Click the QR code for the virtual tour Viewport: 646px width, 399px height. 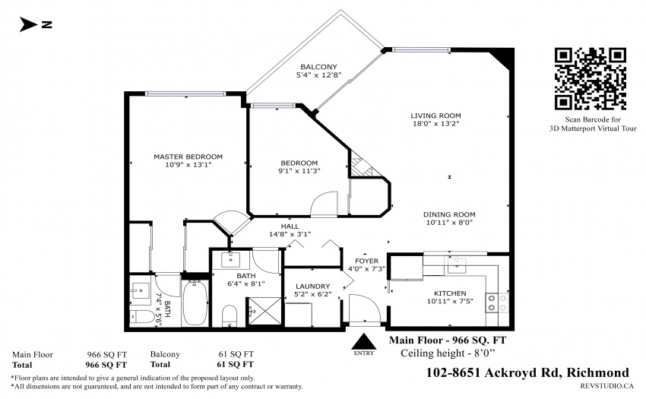coord(591,79)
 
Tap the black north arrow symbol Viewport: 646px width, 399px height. coord(28,25)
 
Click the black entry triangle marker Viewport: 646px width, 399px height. coord(364,341)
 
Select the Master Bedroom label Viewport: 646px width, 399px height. coord(188,157)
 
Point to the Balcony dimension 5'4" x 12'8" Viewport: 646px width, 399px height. coord(318,75)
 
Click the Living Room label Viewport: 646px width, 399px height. coord(435,116)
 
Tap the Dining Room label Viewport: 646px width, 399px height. coord(449,214)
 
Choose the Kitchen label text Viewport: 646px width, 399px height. coord(450,293)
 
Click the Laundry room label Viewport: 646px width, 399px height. coord(312,286)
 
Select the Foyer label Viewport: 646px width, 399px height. coord(366,261)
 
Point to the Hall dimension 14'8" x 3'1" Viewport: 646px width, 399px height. coord(290,234)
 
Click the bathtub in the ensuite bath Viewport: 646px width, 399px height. coord(195,303)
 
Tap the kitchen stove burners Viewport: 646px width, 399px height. coord(498,302)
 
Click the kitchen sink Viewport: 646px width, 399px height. coord(457,266)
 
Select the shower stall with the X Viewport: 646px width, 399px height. coord(264,311)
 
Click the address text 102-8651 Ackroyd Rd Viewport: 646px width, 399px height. coord(492,372)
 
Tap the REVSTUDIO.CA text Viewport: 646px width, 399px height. coord(606,386)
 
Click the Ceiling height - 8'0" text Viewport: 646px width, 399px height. coord(448,353)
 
